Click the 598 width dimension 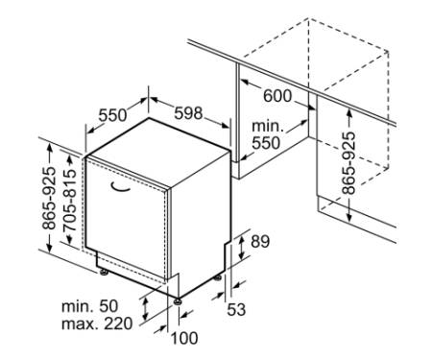coord(188,113)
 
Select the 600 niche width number coord(277,96)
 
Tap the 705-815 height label coord(70,200)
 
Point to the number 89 coord(260,242)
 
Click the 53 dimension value coord(236,309)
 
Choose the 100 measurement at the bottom coord(184,338)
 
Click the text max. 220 coord(97,324)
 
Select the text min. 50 coord(89,306)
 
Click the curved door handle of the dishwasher coord(120,187)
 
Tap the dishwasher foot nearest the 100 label coord(178,301)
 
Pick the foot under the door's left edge coord(104,273)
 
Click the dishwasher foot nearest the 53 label coord(218,277)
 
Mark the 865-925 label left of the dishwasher coord(49,199)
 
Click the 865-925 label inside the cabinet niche coord(348,163)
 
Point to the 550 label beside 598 coord(112,115)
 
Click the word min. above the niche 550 coord(268,127)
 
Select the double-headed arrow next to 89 coord(242,248)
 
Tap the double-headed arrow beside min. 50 coord(146,308)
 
